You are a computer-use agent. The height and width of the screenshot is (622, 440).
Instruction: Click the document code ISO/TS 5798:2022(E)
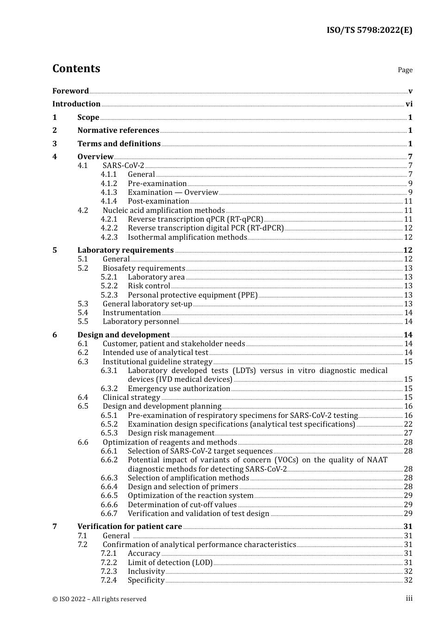point(369,30)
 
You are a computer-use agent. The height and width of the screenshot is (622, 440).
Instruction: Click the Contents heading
point(76,68)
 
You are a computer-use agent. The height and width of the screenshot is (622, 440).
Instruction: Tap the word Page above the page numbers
point(405,70)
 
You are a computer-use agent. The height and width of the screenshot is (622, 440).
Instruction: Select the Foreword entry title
point(70,91)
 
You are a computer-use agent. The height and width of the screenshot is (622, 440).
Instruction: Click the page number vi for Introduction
point(409,104)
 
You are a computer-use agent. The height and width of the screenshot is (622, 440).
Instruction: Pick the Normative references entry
point(118,131)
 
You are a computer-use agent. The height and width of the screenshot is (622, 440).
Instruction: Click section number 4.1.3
point(109,193)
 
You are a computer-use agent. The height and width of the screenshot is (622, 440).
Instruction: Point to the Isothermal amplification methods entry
point(187,237)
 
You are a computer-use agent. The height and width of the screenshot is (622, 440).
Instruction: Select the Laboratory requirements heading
point(126,250)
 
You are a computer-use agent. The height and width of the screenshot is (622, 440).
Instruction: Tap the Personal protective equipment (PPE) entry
point(192,295)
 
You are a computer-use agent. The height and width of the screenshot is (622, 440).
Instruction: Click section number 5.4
point(83,313)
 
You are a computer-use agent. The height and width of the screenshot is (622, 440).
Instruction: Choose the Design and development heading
point(124,335)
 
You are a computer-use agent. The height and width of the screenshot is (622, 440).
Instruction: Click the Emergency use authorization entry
point(179,389)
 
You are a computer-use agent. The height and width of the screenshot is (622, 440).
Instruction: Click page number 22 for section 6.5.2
point(408,424)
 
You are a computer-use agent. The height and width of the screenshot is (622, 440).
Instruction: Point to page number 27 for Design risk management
point(408,433)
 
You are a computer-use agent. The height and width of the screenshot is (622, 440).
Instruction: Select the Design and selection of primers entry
point(182,487)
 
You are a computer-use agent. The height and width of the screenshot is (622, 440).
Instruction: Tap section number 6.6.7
point(109,514)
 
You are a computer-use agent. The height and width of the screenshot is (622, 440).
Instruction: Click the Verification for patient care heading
point(130,527)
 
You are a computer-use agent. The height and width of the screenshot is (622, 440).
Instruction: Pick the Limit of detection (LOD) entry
point(170,563)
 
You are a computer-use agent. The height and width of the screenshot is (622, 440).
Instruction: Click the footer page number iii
point(409,598)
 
